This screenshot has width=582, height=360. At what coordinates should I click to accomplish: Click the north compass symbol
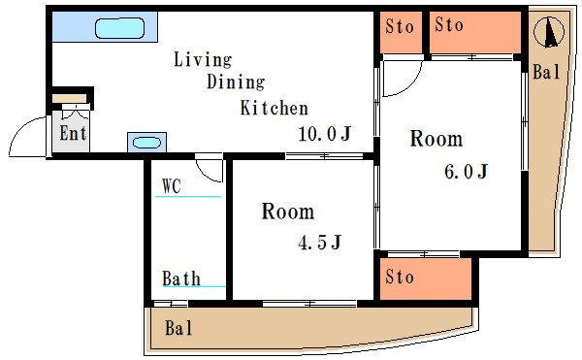coord(549,32)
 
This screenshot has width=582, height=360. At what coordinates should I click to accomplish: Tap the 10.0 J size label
coord(324,134)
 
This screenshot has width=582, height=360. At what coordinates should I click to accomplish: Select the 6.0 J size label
coord(466,172)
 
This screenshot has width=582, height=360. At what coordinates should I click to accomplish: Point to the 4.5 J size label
coord(319,243)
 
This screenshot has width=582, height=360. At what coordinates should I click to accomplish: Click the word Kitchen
coord(274,108)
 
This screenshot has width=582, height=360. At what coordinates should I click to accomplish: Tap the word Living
coord(203,60)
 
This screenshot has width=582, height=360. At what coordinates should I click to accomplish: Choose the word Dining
coord(236,82)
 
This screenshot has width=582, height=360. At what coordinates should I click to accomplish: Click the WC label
coord(172,186)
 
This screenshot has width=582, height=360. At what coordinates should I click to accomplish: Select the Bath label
coord(181,278)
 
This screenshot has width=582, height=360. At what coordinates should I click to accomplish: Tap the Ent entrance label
coord(73,133)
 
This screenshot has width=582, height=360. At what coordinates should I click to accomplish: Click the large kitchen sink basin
coord(119,28)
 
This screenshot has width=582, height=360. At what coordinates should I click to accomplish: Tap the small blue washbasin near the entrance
coord(147,143)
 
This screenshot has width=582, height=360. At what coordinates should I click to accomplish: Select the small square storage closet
coord(401,32)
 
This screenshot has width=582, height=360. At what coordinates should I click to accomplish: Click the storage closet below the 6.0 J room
coord(426,278)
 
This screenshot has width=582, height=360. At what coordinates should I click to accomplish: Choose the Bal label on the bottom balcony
coord(178,328)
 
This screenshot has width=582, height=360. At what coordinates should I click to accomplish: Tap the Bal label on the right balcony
coord(546,72)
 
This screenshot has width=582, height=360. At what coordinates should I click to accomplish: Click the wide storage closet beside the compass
coord(475,32)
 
